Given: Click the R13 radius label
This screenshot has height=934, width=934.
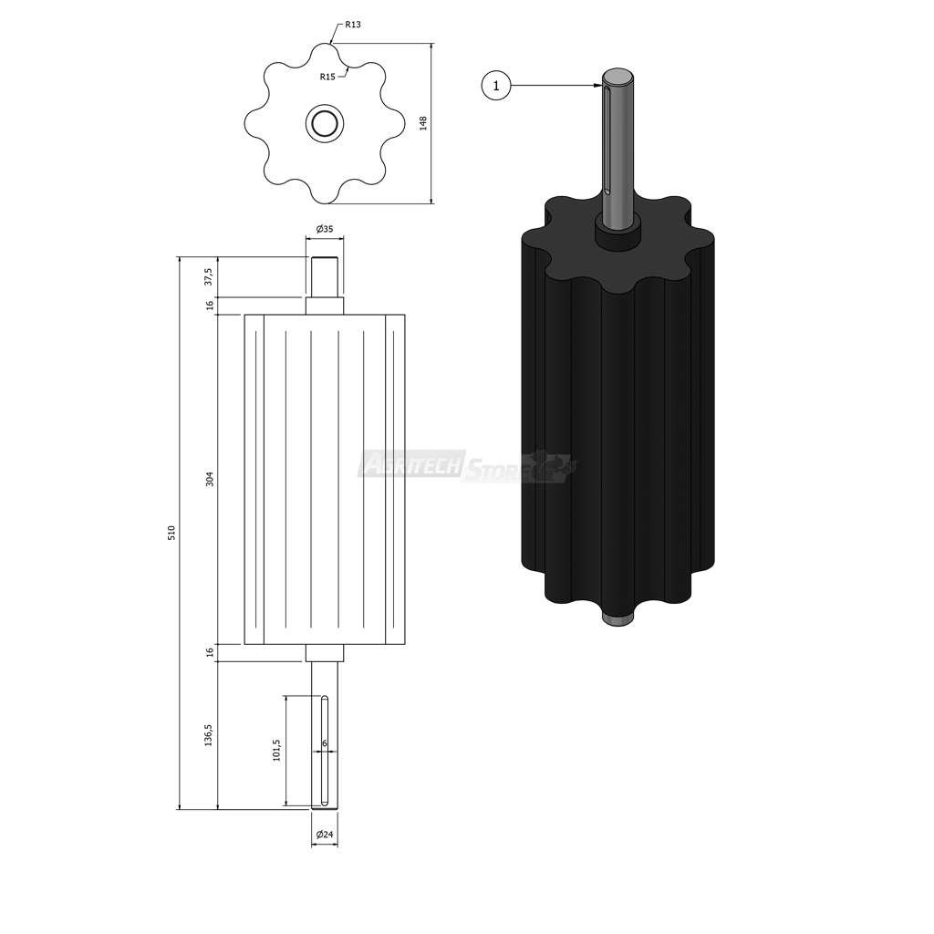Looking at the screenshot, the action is click(x=353, y=25).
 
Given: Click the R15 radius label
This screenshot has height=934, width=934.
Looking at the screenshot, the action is click(x=327, y=77).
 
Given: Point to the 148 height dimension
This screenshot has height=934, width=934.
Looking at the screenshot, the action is click(x=423, y=123).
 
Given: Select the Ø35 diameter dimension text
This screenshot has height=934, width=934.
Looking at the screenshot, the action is click(x=325, y=229).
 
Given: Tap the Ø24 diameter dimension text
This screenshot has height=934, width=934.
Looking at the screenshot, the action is click(x=325, y=835).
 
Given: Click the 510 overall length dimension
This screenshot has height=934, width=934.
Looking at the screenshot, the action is click(x=171, y=533).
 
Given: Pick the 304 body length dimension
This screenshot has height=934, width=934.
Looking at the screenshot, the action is click(x=209, y=479).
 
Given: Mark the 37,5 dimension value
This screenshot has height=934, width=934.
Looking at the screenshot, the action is click(x=209, y=276).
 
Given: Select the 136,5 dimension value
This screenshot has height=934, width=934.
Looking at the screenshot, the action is click(x=209, y=736).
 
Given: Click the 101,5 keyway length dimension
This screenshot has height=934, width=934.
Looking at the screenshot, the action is click(x=276, y=750).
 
